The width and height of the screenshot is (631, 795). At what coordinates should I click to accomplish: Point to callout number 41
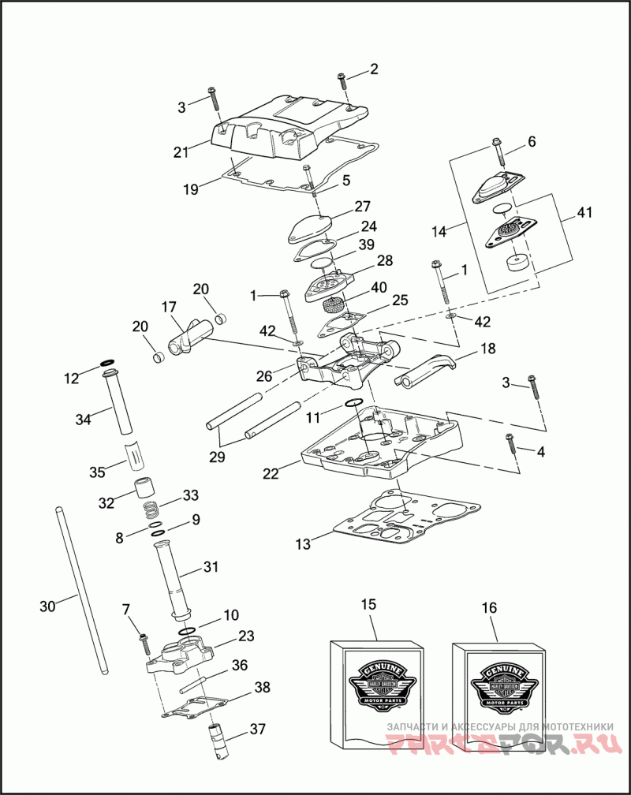pyautogui.click(x=585, y=213)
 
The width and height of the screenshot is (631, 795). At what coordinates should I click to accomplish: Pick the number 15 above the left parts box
pyautogui.click(x=368, y=605)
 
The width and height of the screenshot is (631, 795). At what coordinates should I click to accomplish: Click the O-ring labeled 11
pyautogui.click(x=354, y=403)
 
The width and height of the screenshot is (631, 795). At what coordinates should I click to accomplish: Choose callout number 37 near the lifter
pyautogui.click(x=257, y=730)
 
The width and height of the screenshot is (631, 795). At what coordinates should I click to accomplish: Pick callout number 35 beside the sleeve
pyautogui.click(x=97, y=472)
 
